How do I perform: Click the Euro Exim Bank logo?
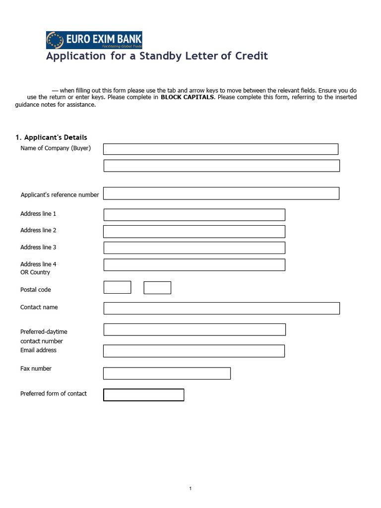[94, 40]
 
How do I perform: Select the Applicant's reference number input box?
[221, 193]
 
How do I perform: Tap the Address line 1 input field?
[194, 215]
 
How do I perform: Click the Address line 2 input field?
[194, 232]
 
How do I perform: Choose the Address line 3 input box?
[194, 248]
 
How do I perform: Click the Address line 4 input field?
[194, 265]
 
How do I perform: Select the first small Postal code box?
[117, 288]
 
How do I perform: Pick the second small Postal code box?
[157, 288]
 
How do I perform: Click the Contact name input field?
[221, 308]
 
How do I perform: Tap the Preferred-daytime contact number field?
[194, 329]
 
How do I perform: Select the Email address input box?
[194, 351]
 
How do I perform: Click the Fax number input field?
[167, 374]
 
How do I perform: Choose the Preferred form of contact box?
[143, 395]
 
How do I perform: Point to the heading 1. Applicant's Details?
[51, 137]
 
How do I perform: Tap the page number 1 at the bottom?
[190, 489]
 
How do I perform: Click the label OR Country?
[35, 272]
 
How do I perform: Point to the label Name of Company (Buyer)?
[56, 148]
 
